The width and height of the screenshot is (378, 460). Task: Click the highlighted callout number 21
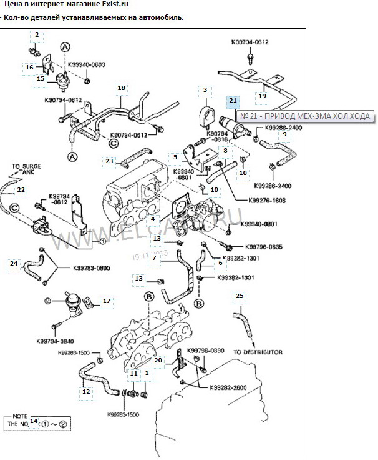click(x=232, y=100)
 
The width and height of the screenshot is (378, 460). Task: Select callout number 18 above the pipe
click(x=121, y=87)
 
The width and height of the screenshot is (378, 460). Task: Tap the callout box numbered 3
click(x=204, y=91)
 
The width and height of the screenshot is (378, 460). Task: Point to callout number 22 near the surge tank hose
click(x=21, y=189)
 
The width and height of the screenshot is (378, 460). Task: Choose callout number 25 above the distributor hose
click(x=240, y=296)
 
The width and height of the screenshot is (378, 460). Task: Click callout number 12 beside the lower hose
click(x=85, y=392)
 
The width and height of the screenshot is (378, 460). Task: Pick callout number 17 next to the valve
click(x=106, y=301)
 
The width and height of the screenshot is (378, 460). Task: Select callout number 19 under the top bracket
click(x=262, y=96)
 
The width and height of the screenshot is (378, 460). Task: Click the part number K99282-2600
click(x=226, y=387)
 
